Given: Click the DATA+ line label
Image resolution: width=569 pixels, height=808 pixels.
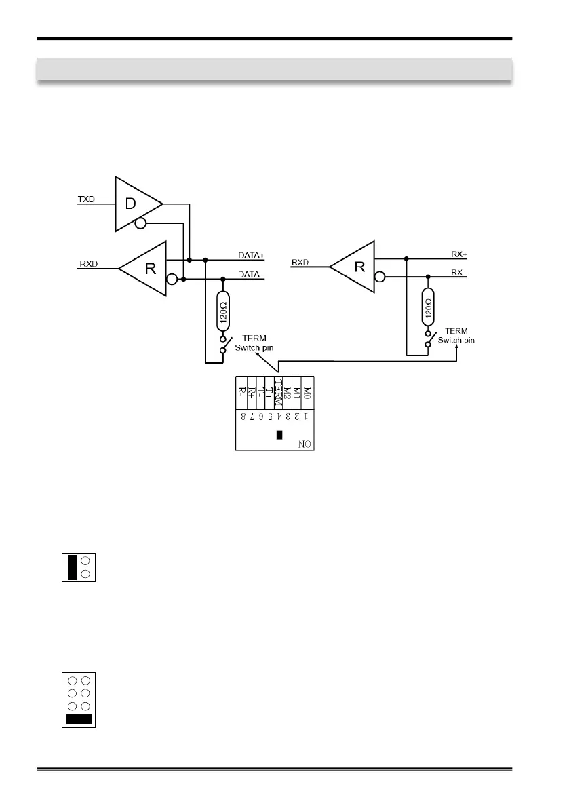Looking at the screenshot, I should pos(251,255).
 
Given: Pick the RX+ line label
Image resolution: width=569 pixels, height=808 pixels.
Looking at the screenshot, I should pos(460,254).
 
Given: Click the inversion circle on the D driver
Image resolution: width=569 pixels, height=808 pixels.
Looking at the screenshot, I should pos(140,225).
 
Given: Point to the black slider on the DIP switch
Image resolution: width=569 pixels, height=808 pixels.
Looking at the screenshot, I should pos(279,434).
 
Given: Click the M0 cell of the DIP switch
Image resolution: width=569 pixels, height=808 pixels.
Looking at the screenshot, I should pos(307,391).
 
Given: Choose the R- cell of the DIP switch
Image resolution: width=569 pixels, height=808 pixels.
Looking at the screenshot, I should pos(241,391).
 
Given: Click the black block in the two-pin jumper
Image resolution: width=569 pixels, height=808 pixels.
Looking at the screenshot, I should pos(71,566).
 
